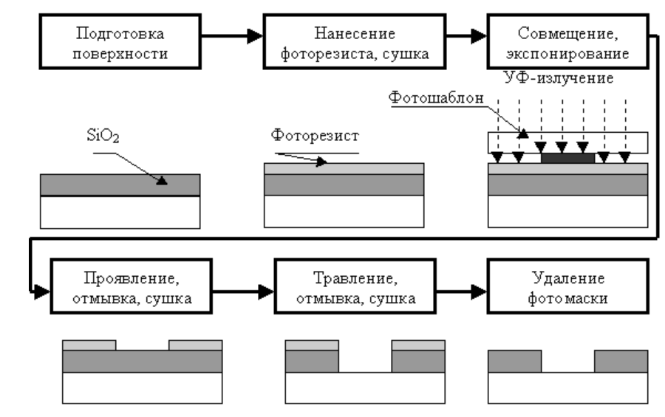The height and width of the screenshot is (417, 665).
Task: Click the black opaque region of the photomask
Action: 567,157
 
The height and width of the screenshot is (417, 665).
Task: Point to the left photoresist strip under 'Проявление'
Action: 89,345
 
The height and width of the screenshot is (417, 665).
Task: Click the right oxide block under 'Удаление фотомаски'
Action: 621,361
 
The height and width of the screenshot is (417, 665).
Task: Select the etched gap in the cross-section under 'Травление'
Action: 365,361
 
